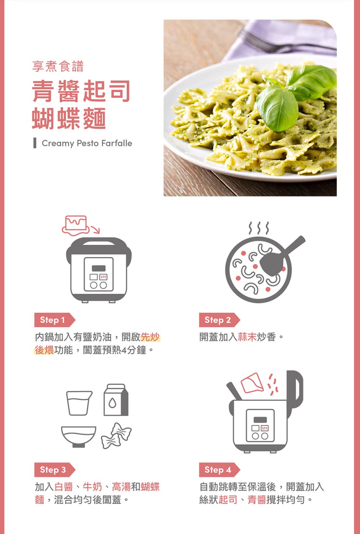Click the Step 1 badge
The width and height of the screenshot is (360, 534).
[x=55, y=320]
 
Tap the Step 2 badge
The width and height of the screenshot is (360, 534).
[x=219, y=320]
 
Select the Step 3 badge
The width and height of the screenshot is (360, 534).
[x=55, y=470]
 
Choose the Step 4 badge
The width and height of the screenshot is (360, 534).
[x=219, y=470]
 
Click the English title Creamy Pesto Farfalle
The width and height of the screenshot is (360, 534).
[x=87, y=143]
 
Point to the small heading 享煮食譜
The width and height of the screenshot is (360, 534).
[x=58, y=66]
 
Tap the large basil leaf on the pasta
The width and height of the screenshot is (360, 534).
[x=278, y=108]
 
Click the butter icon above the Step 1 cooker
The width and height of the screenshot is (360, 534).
[x=75, y=225]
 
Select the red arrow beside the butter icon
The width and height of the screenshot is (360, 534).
[x=95, y=230]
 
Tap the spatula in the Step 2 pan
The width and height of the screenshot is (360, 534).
[x=281, y=256]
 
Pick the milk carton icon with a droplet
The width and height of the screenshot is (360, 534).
[x=116, y=400]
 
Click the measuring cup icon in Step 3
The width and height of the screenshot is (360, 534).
[x=79, y=403]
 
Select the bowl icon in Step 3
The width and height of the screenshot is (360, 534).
[x=79, y=437]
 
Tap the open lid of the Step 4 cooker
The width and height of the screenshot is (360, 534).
[x=296, y=389]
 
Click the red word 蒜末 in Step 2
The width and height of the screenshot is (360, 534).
[x=247, y=337]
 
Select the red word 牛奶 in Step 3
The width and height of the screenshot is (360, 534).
[x=92, y=486]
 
